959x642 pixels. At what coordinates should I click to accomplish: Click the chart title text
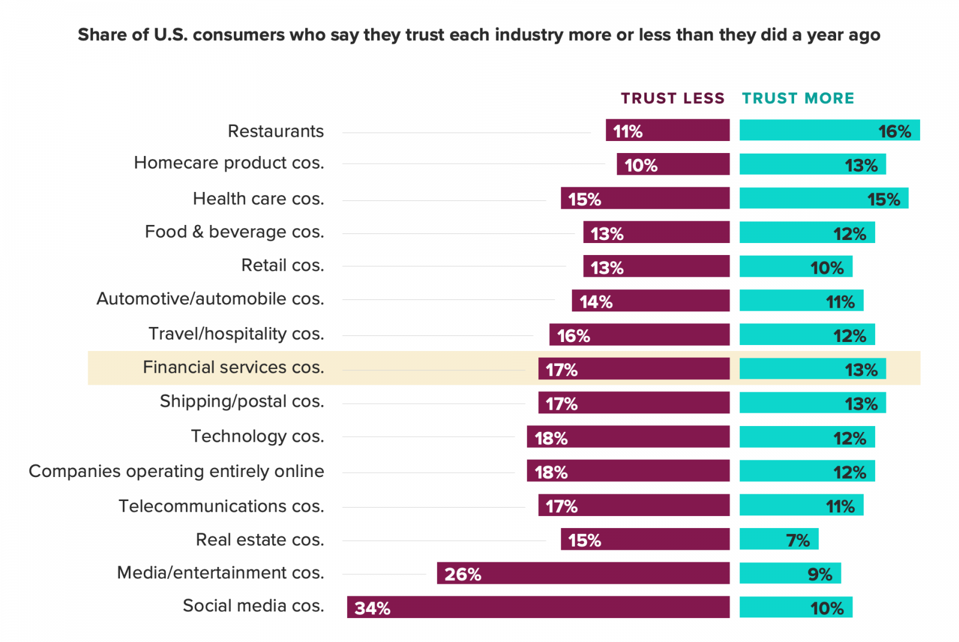coord(479,35)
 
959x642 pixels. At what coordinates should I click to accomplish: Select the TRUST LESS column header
coord(672,98)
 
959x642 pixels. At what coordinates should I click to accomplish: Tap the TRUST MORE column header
coord(798,98)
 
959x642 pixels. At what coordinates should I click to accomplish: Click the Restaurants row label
coord(276,131)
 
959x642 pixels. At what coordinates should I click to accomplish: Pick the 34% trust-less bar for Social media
coord(538,607)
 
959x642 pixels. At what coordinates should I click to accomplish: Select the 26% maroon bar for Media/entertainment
coord(583,573)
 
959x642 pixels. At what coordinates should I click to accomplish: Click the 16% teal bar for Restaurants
coord(830,130)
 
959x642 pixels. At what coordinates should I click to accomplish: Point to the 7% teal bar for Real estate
coord(779,539)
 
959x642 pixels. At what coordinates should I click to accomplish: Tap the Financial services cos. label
coord(233,367)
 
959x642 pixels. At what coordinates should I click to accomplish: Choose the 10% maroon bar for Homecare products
coord(673,164)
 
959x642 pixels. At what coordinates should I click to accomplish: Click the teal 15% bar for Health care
coord(824,198)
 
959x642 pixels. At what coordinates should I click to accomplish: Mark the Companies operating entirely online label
coord(176,471)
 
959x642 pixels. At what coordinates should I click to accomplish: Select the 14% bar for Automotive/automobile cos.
coord(651,301)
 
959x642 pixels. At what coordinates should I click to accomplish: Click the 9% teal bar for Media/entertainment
coord(791,573)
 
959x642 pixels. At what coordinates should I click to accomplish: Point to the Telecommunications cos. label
coord(221,506)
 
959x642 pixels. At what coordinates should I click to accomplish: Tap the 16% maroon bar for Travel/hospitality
coord(640,334)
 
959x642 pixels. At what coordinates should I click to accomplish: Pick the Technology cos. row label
coord(257,436)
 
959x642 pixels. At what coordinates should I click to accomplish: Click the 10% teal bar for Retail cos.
coord(796,266)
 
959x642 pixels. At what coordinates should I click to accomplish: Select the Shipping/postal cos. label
coord(242,401)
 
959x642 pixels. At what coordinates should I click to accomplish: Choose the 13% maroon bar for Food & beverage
coord(656,232)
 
